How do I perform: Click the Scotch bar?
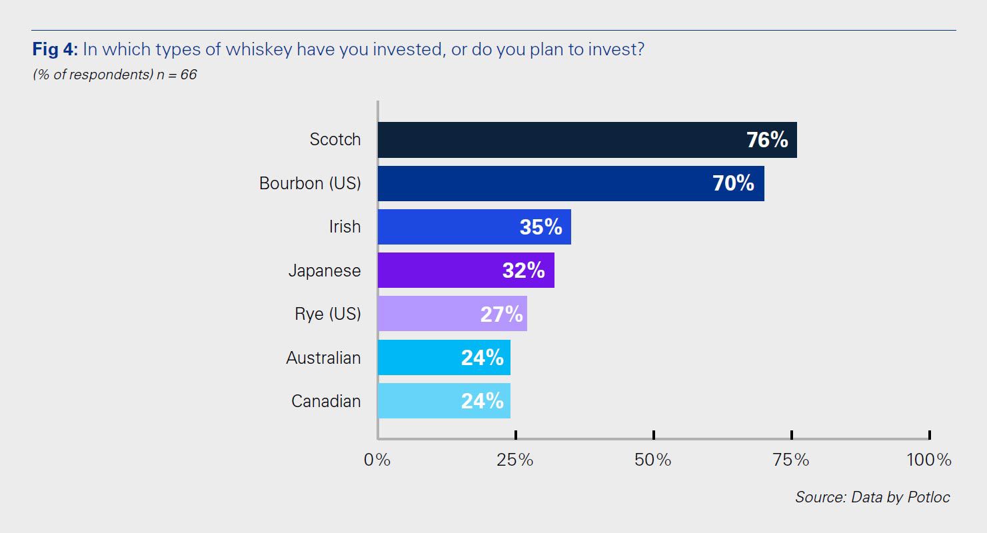[x=586, y=140]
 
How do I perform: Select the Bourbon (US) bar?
[x=570, y=183]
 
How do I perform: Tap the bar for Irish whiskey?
[x=474, y=227]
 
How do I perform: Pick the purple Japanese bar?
[x=465, y=270]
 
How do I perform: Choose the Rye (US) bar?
[x=452, y=314]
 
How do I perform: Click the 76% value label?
[x=767, y=140]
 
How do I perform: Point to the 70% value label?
[x=733, y=183]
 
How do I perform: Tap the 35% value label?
[x=540, y=227]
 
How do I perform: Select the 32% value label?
[x=523, y=270]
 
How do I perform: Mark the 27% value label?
[x=502, y=314]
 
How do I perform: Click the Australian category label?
[x=323, y=358]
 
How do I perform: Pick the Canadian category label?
[x=326, y=401]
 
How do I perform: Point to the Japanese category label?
[x=325, y=270]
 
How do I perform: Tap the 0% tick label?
[x=377, y=460]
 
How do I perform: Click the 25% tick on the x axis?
[x=515, y=460]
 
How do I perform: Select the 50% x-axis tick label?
[x=653, y=460]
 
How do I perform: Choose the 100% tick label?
[x=928, y=460]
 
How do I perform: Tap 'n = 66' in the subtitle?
[x=178, y=75]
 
